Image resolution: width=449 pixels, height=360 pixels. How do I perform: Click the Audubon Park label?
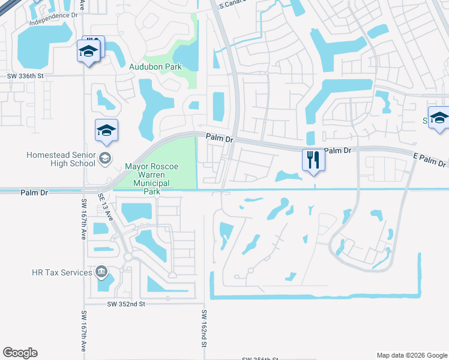coord(155,67)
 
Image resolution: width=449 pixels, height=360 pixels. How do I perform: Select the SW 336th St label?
coord(26,76)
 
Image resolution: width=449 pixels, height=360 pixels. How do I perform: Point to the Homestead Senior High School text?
coord(61,159)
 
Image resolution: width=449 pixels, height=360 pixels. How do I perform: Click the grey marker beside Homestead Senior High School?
coord(106,158)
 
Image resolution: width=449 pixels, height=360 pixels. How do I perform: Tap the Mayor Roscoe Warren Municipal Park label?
coord(148,179)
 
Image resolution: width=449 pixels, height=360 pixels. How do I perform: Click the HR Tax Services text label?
coord(62,272)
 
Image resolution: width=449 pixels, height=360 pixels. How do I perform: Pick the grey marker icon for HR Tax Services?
coord(101,272)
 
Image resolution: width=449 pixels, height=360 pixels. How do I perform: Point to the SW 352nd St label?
coord(126,304)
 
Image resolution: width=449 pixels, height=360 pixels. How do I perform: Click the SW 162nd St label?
coord(204,329)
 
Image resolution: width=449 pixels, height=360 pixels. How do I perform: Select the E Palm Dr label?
coord(430,159)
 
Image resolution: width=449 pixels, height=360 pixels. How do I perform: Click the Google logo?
coord(20,353)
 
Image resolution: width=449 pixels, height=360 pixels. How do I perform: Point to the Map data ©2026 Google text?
coord(411,355)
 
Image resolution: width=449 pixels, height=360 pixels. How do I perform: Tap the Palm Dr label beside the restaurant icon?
coord(337,150)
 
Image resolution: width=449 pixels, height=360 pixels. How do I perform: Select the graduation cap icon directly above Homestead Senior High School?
coord(107,131)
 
